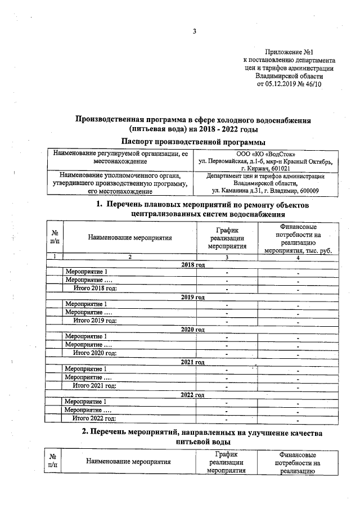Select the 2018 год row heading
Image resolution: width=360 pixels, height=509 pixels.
192,264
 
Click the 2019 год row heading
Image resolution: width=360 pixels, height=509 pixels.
192,296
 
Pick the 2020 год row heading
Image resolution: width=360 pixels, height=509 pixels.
192,329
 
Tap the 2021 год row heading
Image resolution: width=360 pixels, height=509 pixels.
192,362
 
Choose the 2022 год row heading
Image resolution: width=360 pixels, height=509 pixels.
192,395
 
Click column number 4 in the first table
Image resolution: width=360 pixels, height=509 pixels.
298,257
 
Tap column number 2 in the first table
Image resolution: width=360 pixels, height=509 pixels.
129,257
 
